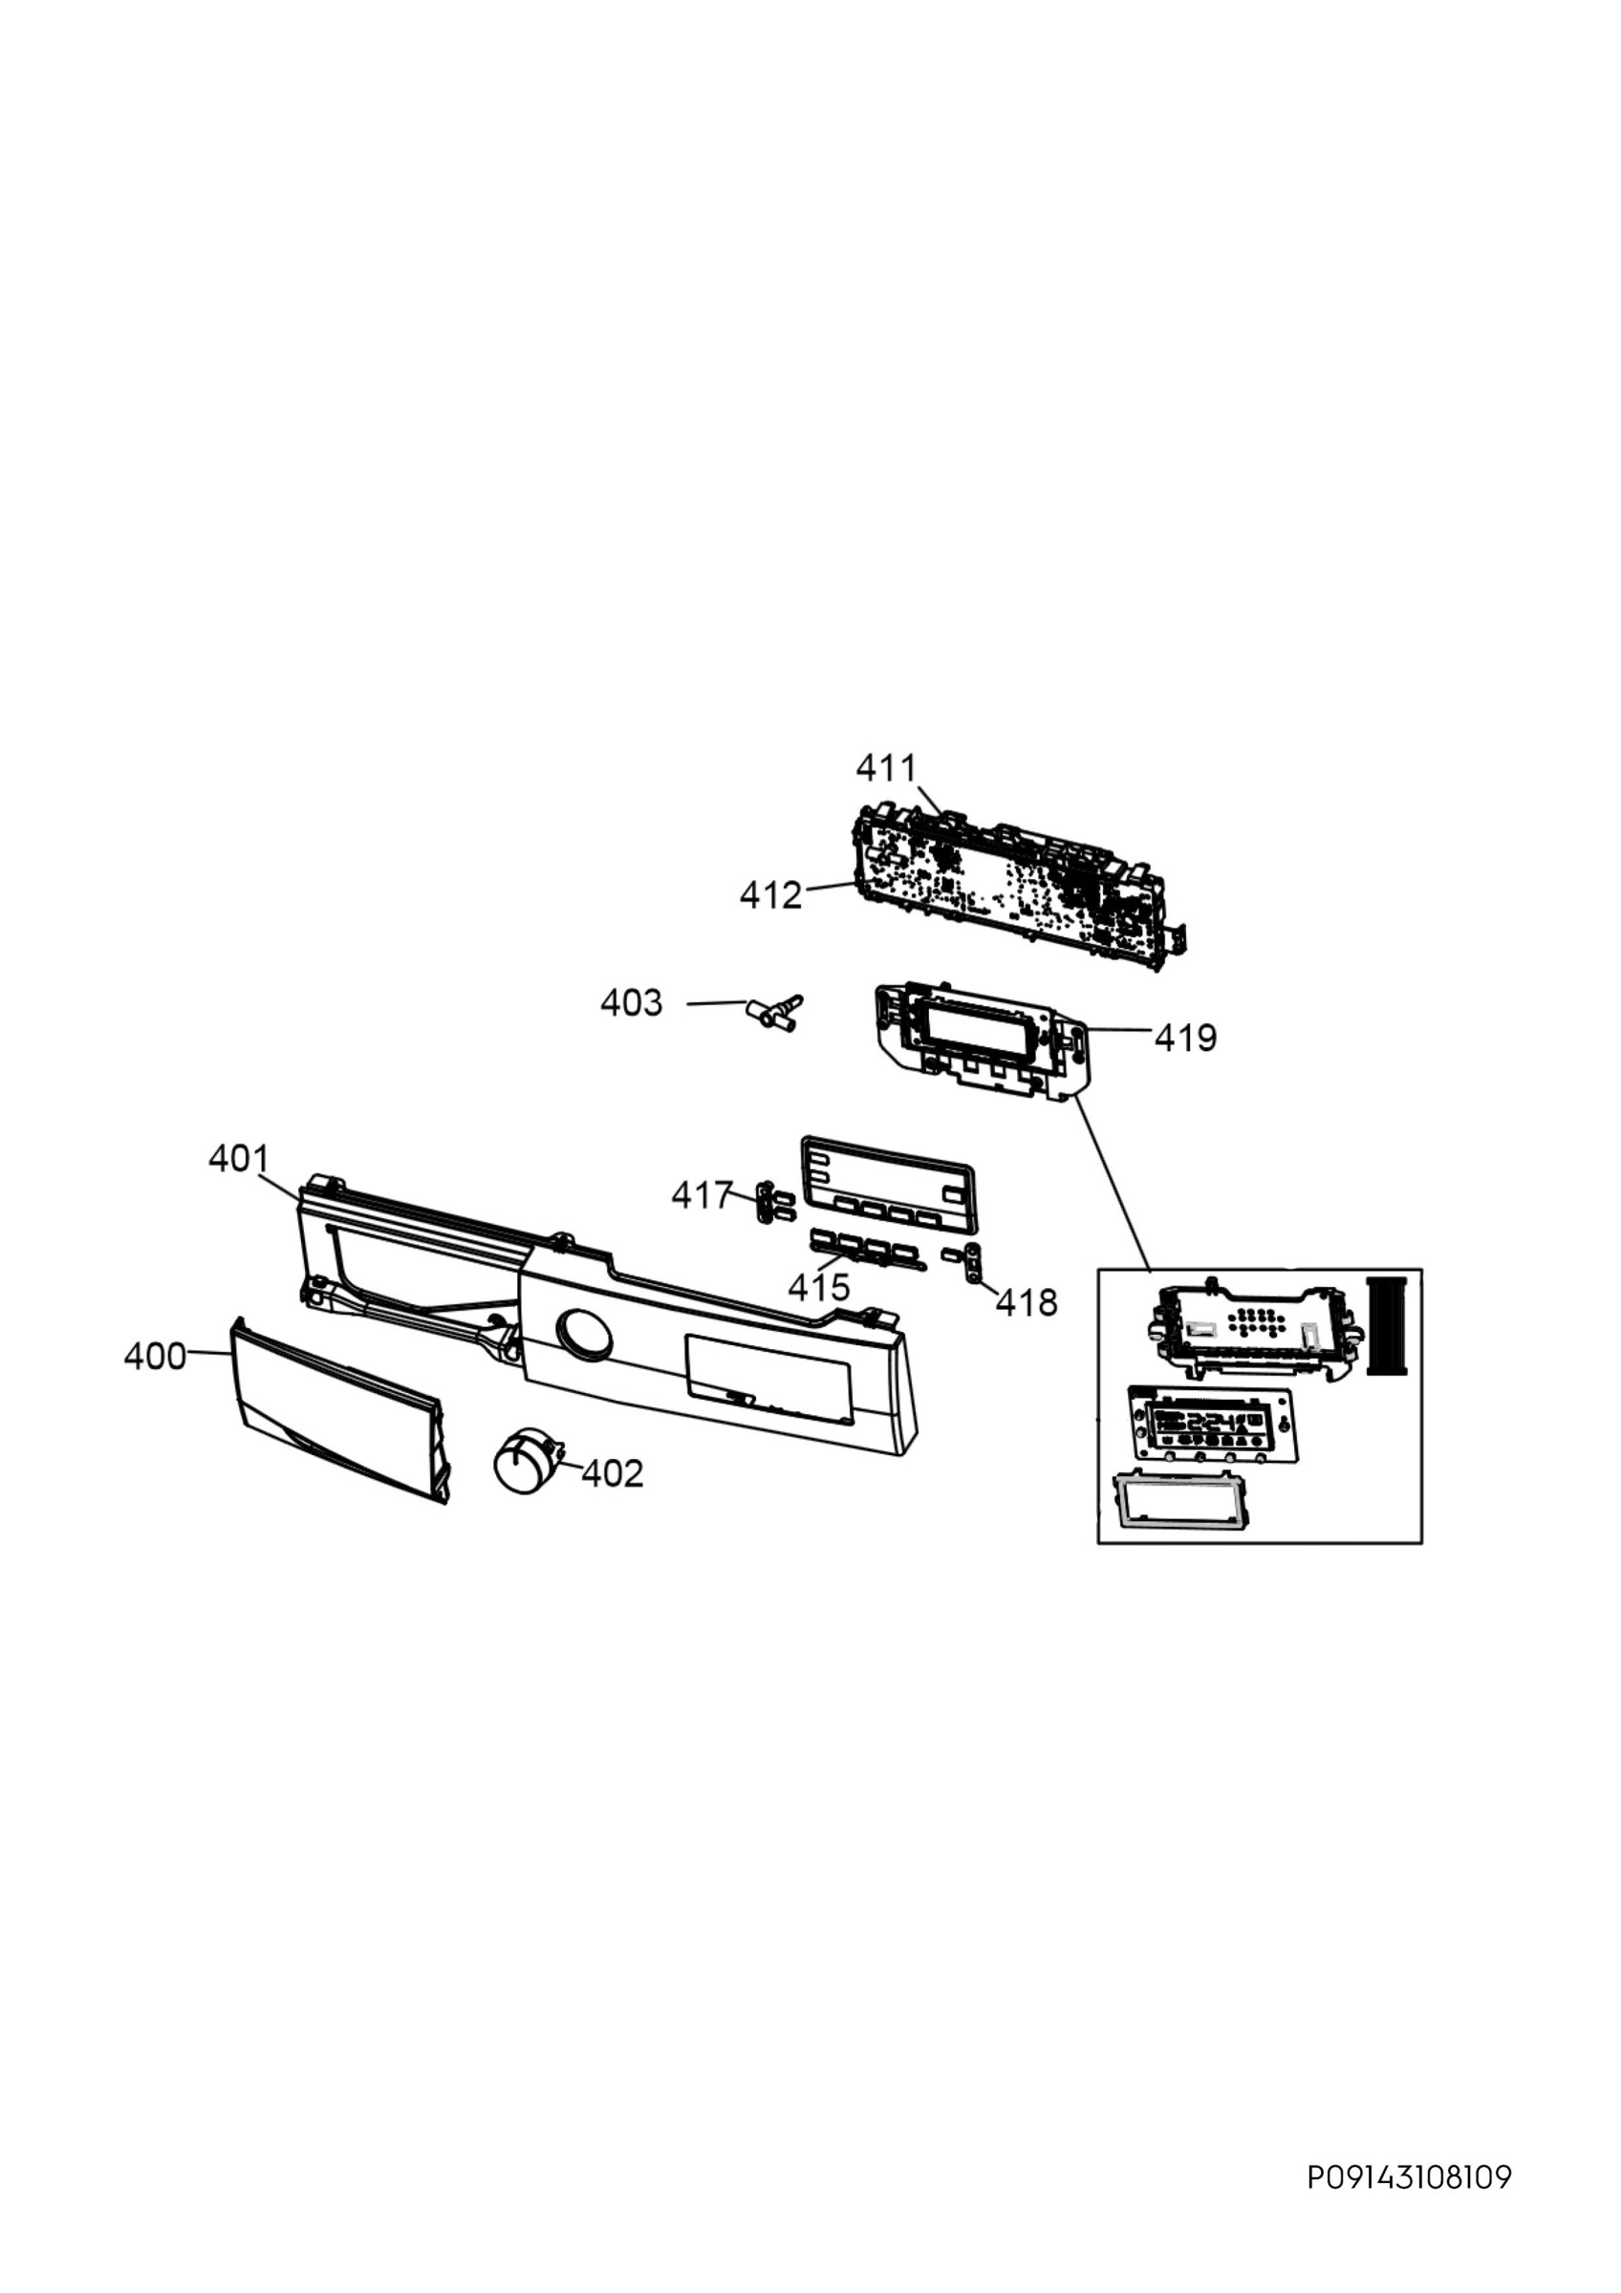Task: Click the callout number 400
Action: pyautogui.click(x=155, y=1357)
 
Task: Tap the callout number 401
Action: pyautogui.click(x=239, y=1159)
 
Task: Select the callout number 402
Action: pyautogui.click(x=613, y=1473)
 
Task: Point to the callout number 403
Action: pyautogui.click(x=631, y=1002)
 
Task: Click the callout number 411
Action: pyautogui.click(x=886, y=768)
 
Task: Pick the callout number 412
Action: pyautogui.click(x=771, y=896)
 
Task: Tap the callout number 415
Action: pyautogui.click(x=819, y=1287)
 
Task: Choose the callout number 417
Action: pyautogui.click(x=703, y=1194)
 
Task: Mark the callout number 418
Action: pyautogui.click(x=1027, y=1302)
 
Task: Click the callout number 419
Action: pyautogui.click(x=1186, y=1039)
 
